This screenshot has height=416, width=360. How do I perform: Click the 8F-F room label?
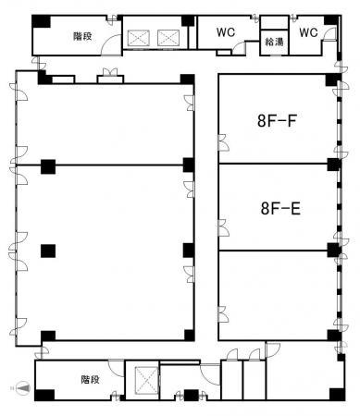tap(277, 120)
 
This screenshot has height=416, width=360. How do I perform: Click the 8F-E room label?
tap(280, 208)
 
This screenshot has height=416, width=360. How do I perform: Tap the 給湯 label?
tap(274, 42)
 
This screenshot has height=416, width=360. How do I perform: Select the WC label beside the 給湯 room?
tap(226, 32)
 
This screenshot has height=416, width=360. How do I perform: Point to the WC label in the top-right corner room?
tap(308, 32)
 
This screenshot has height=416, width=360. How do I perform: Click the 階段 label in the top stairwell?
tap(82, 36)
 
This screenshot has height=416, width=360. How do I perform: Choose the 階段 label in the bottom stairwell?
tap(91, 379)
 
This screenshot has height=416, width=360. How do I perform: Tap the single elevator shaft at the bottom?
tap(146, 380)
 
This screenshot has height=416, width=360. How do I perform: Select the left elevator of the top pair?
tap(139, 38)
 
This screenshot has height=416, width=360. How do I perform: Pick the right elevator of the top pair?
tap(168, 38)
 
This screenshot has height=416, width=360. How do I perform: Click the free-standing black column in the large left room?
tap(48, 251)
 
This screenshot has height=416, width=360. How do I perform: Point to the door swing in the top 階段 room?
tap(111, 45)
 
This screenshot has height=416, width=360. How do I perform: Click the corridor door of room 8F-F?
tap(224, 142)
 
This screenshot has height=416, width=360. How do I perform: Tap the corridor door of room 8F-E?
tap(224, 228)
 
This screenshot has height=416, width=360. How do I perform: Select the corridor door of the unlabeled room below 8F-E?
tap(224, 314)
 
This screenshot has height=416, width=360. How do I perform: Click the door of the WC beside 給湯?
tap(240, 46)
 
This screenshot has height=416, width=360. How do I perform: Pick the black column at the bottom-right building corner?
tap(337, 395)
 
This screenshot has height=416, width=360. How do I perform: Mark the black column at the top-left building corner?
tap(41, 21)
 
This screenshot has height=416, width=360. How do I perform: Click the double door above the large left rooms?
tap(110, 72)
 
